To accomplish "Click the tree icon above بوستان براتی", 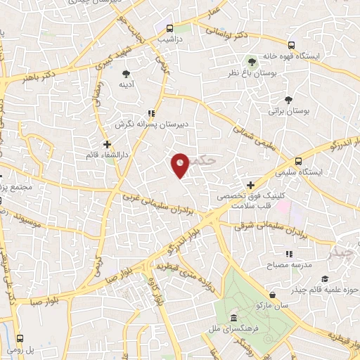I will pyautogui.click(x=288, y=100).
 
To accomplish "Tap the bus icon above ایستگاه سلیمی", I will pyautogui.click(x=299, y=160).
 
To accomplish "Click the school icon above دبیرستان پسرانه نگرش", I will pyautogui.click(x=150, y=112).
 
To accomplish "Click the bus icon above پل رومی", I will pyautogui.click(x=20, y=338).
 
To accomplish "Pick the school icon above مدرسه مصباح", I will pyautogui.click(x=288, y=254).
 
